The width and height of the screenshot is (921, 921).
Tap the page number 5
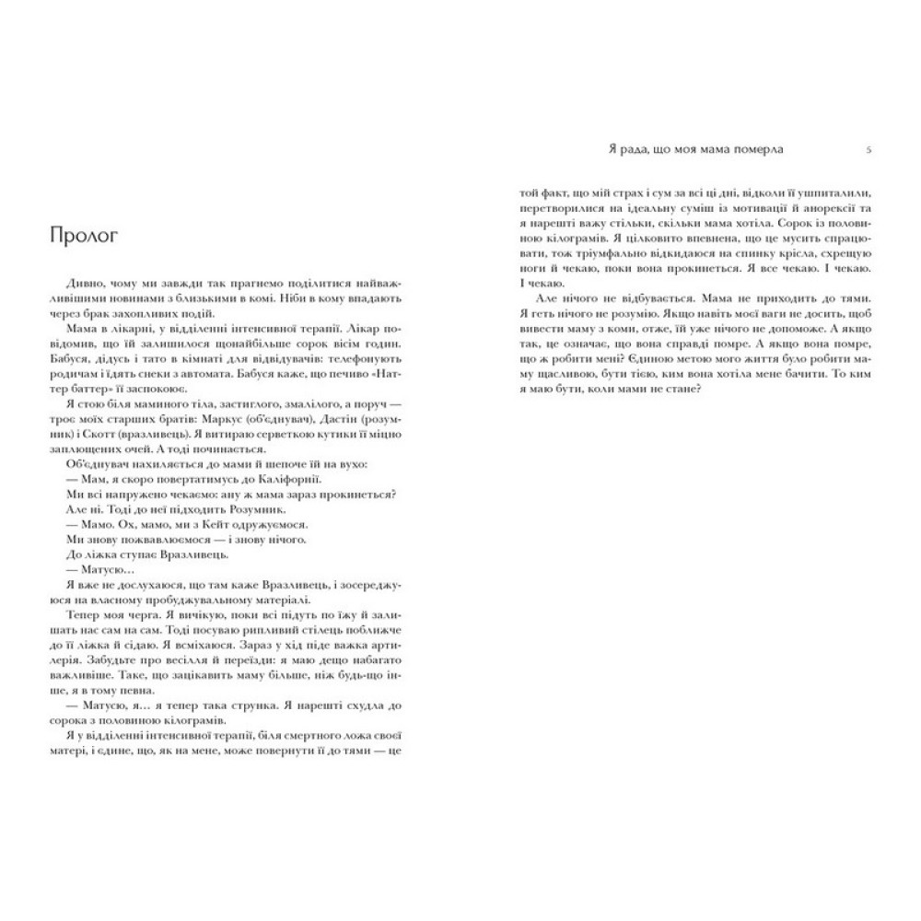870,147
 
